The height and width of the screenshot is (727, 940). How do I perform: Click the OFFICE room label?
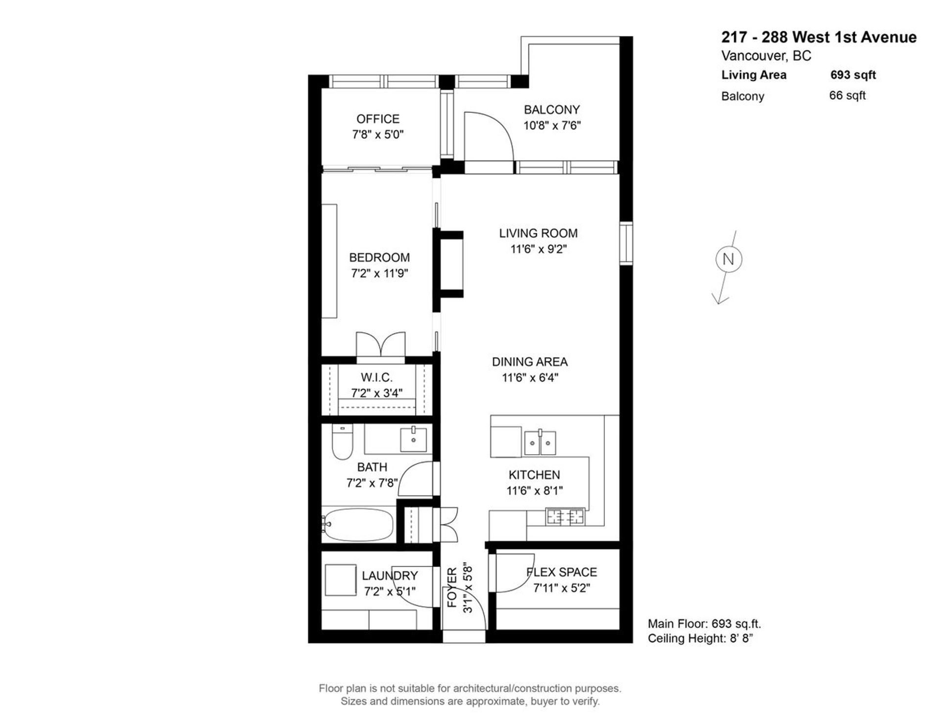click(x=377, y=119)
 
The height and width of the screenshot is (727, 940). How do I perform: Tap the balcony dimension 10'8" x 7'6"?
click(x=552, y=125)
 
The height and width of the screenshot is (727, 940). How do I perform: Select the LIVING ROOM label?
click(x=538, y=233)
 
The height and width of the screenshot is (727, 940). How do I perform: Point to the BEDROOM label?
click(x=379, y=258)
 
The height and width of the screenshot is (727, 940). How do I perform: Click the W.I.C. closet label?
click(x=376, y=378)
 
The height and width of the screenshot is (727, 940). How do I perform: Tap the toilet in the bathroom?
click(x=342, y=442)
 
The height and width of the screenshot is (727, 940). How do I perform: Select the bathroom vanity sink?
click(x=413, y=439)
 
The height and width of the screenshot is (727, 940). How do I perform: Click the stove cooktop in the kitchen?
click(x=565, y=516)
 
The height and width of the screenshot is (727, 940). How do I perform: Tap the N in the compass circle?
click(x=728, y=259)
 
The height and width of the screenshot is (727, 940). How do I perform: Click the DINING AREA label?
click(x=530, y=362)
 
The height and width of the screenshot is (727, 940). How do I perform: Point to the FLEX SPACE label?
click(x=562, y=572)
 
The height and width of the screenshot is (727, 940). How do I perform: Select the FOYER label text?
click(x=452, y=587)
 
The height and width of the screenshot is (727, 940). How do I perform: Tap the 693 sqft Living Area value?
click(x=853, y=75)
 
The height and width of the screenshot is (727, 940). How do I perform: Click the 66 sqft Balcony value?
click(x=847, y=96)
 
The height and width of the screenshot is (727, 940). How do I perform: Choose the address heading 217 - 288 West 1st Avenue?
click(x=819, y=37)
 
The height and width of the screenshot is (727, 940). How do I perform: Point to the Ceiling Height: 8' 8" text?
click(x=700, y=638)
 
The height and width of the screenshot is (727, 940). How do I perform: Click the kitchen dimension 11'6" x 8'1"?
click(x=535, y=490)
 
